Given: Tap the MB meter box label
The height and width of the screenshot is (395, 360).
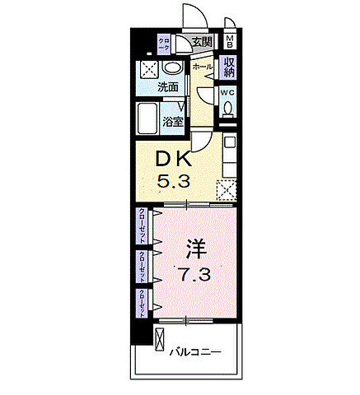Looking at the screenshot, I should pos(231,43).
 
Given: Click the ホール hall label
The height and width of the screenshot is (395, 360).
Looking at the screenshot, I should pos(202,66).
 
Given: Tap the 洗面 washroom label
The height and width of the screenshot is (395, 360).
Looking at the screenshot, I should pos(169,86).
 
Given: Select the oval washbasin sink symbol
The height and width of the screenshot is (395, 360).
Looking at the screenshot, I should pos(172,69).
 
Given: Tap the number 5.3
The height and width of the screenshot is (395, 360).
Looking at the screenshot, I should pos(175,181).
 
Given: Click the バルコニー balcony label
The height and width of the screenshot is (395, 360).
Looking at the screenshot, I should pos(195,351).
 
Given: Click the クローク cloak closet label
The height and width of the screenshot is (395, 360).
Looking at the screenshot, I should pos(164,45).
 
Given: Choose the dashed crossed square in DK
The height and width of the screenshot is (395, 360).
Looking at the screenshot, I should pos(227,189).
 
